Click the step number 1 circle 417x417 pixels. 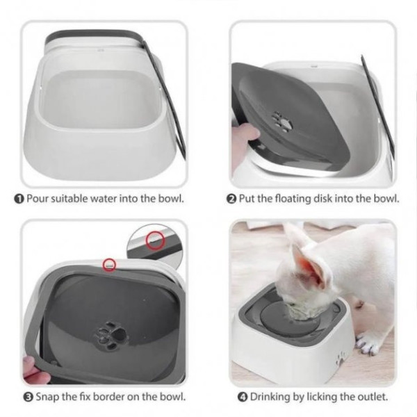click(19, 199)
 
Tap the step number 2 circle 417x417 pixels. click(231, 199)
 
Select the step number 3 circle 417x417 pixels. click(28, 397)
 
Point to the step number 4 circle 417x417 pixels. click(243, 397)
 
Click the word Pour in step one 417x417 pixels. click(38, 198)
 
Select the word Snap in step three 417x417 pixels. click(47, 397)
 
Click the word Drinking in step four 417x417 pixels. click(270, 397)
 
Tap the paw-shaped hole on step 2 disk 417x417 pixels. click(282, 122)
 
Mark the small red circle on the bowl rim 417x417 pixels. click(109, 265)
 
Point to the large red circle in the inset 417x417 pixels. click(155, 240)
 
